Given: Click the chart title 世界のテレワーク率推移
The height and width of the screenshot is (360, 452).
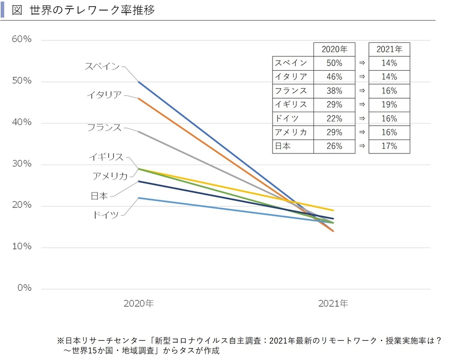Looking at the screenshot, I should (x=91, y=10).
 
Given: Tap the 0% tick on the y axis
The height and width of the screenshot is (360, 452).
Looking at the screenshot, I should (x=24, y=288).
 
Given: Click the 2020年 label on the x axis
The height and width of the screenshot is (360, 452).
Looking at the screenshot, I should (x=138, y=304).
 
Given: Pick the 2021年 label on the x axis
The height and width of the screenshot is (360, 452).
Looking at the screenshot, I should (x=333, y=304).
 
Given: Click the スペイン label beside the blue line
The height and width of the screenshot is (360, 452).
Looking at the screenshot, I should (x=102, y=66).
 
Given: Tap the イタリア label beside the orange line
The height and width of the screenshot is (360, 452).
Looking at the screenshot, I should (x=104, y=95).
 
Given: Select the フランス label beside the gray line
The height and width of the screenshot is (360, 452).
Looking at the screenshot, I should (x=104, y=128).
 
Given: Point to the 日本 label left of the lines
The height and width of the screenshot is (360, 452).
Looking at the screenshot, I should (x=99, y=196).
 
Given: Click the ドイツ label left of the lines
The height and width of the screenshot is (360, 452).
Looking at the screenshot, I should (x=105, y=215).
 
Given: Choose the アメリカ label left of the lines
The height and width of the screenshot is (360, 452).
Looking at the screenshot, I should (x=110, y=176).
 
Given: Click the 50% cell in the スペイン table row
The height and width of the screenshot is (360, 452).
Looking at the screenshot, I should (x=334, y=63).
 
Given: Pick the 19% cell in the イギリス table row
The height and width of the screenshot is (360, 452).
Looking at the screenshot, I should (x=389, y=104).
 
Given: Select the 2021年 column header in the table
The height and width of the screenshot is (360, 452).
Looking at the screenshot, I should (x=389, y=49).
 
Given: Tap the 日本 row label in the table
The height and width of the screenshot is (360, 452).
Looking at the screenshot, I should (x=282, y=146).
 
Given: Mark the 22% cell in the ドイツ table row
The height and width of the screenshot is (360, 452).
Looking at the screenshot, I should (x=334, y=118).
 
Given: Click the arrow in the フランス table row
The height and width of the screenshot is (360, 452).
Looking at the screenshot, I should (x=362, y=90).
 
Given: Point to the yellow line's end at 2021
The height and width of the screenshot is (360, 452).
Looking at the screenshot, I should (x=333, y=210).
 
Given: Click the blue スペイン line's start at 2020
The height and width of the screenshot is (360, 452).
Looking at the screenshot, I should (x=139, y=82).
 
